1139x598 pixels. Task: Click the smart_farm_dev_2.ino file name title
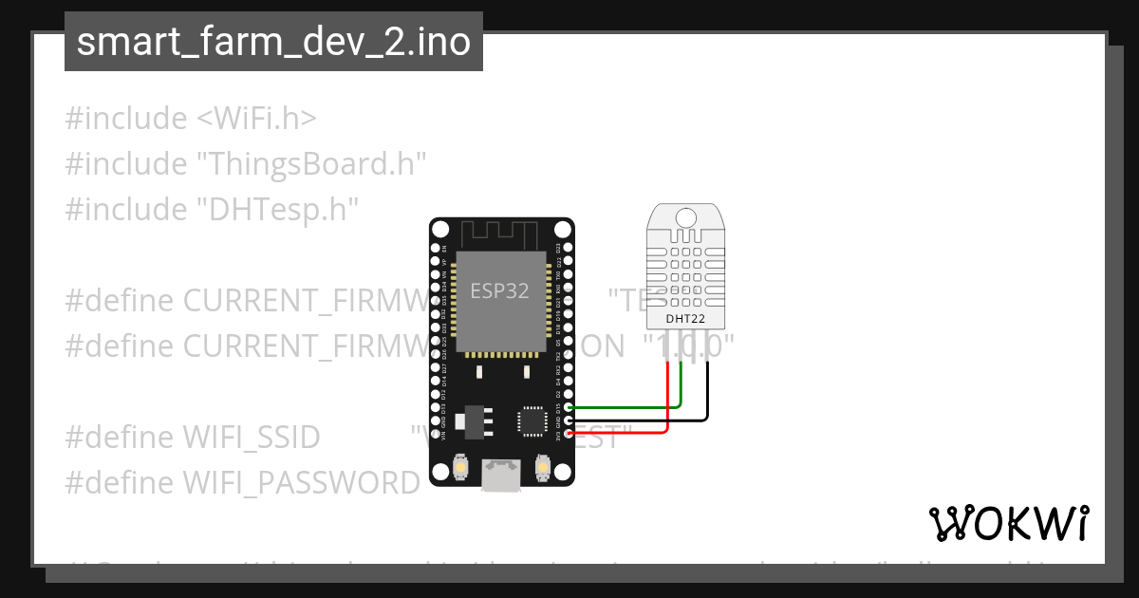click(x=273, y=42)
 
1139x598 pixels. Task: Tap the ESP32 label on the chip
click(x=499, y=290)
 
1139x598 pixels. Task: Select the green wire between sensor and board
click(x=626, y=407)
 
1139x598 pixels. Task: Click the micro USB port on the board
click(x=501, y=475)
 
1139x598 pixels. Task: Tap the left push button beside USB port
click(x=460, y=467)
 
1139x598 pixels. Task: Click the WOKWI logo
click(x=1008, y=523)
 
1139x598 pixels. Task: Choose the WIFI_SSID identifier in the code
click(x=251, y=438)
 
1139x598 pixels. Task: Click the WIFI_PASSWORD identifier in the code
click(x=301, y=483)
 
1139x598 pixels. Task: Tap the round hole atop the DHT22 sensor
click(x=687, y=216)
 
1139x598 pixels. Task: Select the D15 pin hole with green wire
click(x=568, y=407)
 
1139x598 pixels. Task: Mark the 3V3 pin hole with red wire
click(x=568, y=433)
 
